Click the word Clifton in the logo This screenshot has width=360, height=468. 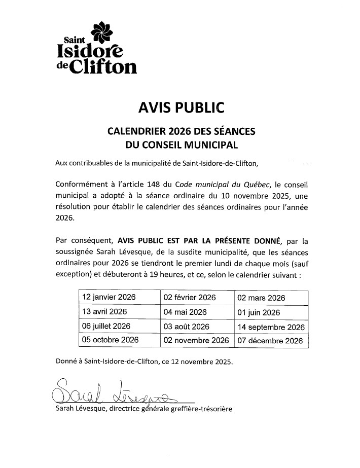click(103, 66)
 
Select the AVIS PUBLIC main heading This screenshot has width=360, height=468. click(181, 107)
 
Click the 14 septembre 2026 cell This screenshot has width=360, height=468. click(271, 327)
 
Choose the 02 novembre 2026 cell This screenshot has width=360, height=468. click(196, 341)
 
